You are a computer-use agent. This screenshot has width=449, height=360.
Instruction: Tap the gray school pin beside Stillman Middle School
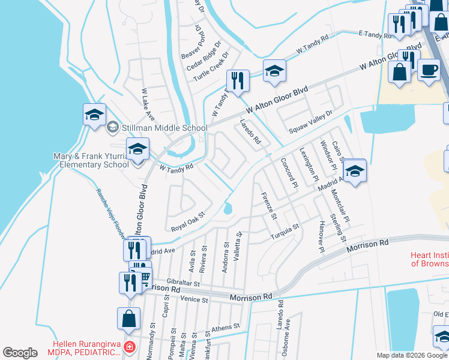[112, 127]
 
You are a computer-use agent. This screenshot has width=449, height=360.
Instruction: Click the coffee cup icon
[429, 70]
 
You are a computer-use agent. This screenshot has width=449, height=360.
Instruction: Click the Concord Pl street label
[289, 174]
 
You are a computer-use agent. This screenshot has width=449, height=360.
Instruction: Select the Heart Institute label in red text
[429, 259]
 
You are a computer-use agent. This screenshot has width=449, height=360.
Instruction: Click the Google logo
[20, 353]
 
